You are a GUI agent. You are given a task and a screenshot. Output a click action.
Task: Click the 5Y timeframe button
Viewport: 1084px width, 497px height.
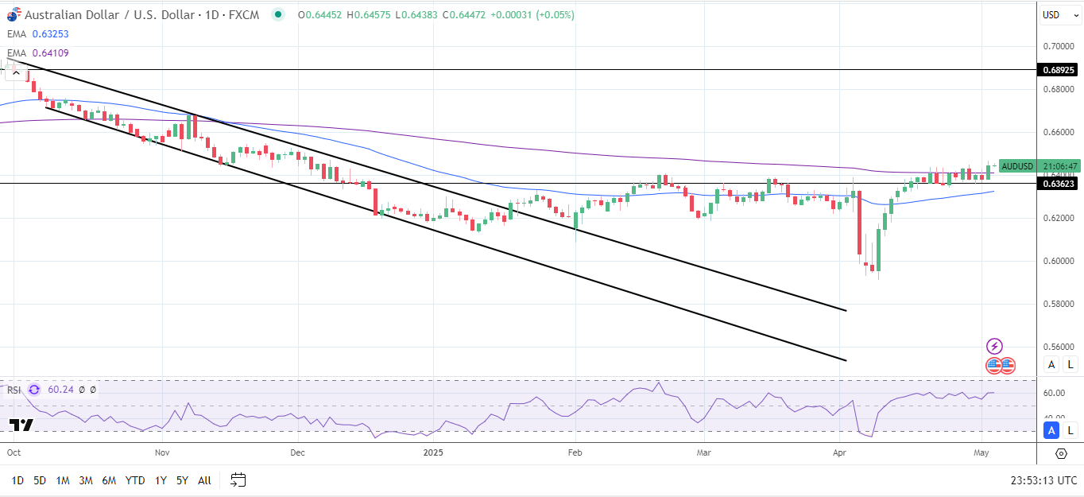point(182,480)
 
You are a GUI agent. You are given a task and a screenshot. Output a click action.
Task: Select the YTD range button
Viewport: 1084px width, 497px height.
point(136,480)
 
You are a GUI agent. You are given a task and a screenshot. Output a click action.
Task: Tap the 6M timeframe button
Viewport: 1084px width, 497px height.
point(109,480)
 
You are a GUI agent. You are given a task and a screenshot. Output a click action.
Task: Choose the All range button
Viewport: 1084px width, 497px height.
point(204,480)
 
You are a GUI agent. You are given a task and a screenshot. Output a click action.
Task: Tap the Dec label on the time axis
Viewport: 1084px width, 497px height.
point(298,452)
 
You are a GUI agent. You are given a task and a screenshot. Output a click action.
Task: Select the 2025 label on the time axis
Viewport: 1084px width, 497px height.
point(433,452)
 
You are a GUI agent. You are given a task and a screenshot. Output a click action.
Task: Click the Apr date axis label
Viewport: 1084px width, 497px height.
point(839,452)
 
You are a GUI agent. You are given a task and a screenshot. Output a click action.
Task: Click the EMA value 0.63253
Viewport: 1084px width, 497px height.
point(50,34)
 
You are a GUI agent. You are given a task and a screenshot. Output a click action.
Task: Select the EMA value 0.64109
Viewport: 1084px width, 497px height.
point(50,53)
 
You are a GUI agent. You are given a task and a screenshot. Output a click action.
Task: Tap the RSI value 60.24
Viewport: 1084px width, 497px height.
point(60,390)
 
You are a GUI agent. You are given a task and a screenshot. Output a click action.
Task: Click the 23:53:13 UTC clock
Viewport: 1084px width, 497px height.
point(1043,480)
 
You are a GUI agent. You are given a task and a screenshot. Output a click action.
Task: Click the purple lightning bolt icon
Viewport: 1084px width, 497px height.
point(994,346)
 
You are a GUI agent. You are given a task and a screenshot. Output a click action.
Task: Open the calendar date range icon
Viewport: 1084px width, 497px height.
point(238,480)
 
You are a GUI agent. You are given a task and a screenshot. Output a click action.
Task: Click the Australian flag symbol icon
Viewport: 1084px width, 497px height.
point(12,14)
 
